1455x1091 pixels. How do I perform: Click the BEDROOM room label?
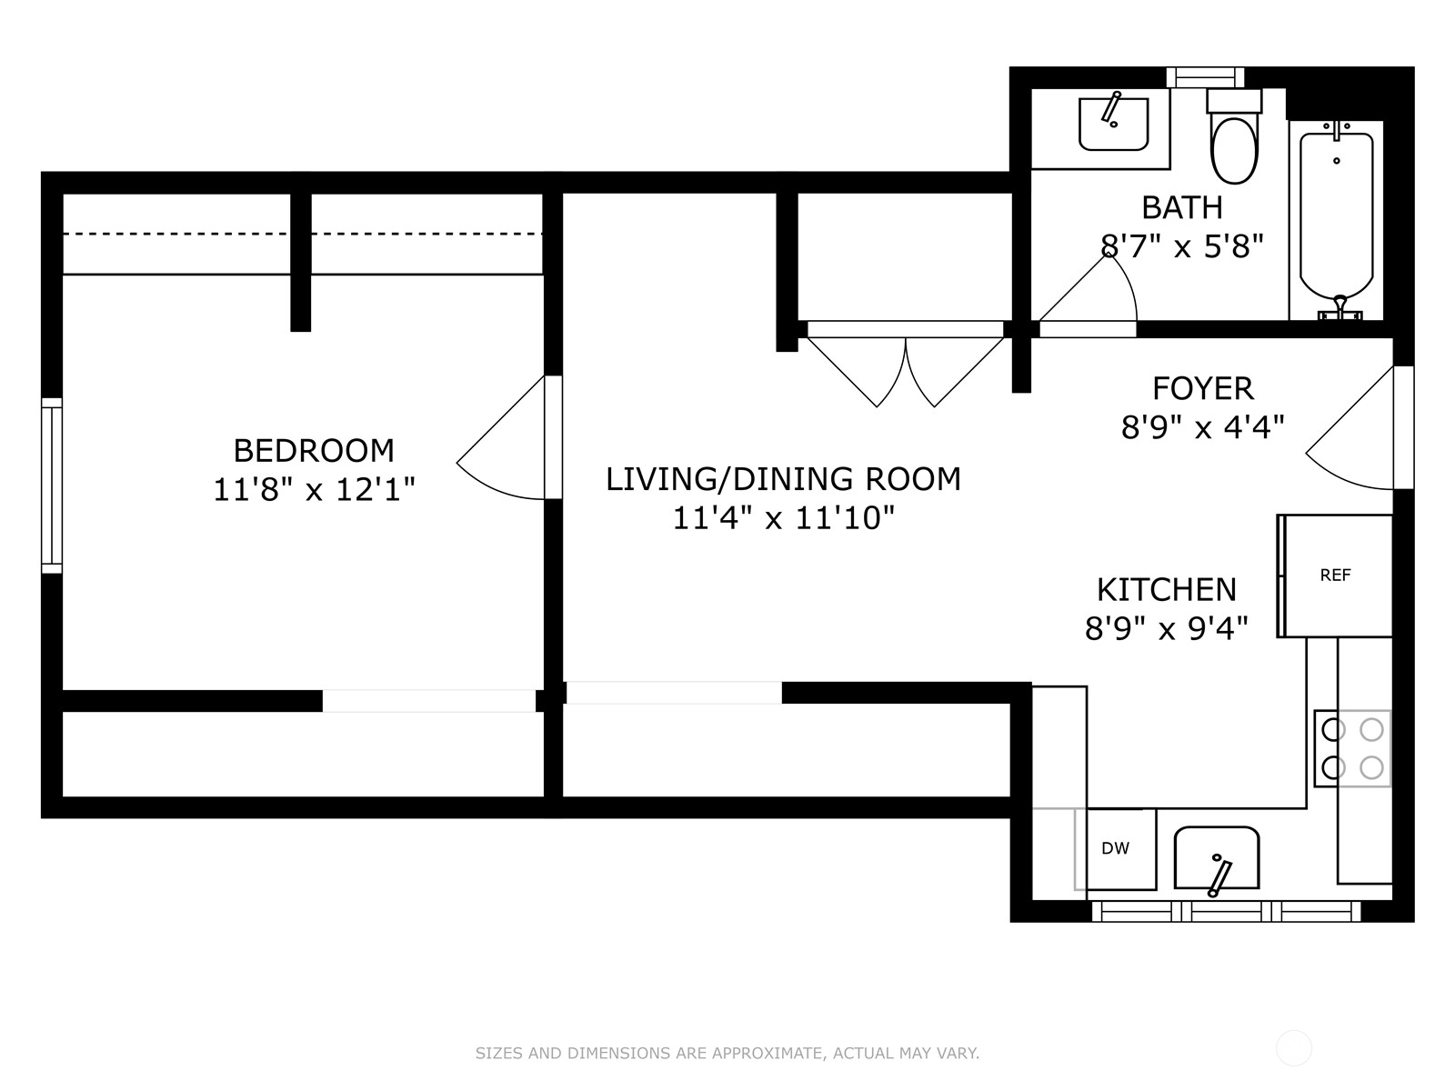314,451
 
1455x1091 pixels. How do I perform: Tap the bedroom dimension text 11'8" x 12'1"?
314,490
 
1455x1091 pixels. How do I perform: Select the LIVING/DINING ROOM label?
783,479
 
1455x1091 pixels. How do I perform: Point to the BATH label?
1182,208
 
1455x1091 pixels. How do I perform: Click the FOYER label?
1203,389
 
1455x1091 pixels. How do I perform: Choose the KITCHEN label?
1167,589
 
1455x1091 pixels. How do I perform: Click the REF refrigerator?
1335,576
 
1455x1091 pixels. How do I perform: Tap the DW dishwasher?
1115,848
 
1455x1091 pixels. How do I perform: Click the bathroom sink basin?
1114,124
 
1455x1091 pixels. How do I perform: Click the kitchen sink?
1217,858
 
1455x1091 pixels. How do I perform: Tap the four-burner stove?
1352,748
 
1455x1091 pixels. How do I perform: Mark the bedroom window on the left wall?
52,486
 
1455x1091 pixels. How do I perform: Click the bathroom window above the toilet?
1205,77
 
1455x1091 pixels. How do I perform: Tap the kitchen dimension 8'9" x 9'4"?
1167,628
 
